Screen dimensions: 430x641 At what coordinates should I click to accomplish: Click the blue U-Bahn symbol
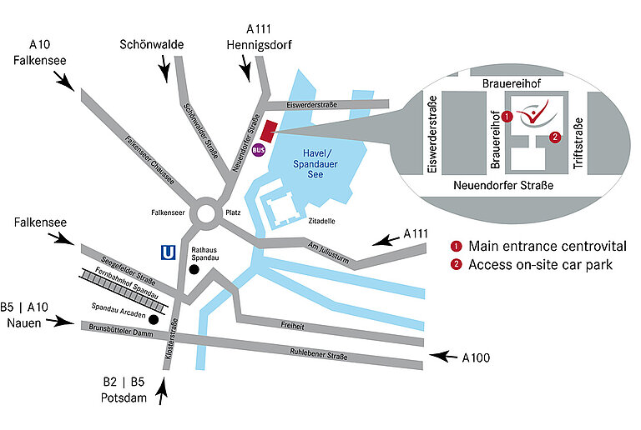169,251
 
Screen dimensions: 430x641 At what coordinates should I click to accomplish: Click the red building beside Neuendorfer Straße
268,130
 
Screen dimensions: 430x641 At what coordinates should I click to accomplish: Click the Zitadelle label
320,221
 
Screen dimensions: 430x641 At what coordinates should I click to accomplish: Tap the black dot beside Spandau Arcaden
153,317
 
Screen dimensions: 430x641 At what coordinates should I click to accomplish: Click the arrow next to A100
442,357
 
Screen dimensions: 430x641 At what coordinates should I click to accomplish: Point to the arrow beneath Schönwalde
166,69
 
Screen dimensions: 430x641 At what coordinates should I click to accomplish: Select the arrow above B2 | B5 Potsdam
164,387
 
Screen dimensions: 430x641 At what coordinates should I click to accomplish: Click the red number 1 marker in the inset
506,117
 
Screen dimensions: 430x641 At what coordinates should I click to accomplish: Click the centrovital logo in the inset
532,114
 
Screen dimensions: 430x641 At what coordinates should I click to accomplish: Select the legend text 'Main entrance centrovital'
547,246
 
